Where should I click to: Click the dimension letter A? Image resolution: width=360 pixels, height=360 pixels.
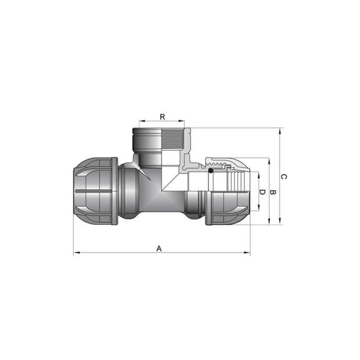[x=159, y=248]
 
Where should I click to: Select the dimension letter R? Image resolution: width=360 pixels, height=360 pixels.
[x=162, y=117]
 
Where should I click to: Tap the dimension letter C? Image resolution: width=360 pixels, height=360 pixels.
[x=284, y=177]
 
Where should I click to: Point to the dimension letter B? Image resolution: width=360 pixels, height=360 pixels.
[x=272, y=193]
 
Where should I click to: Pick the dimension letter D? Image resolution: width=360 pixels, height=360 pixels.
[x=262, y=192]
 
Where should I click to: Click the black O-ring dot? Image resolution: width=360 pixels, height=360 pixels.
[x=211, y=171]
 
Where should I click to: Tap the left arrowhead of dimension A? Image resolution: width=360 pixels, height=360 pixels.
[x=76, y=253]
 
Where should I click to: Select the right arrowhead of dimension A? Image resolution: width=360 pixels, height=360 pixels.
[x=247, y=253]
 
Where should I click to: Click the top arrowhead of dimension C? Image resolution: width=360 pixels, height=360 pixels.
[x=280, y=131]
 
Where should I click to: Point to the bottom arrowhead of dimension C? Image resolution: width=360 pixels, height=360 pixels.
[x=280, y=221]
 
